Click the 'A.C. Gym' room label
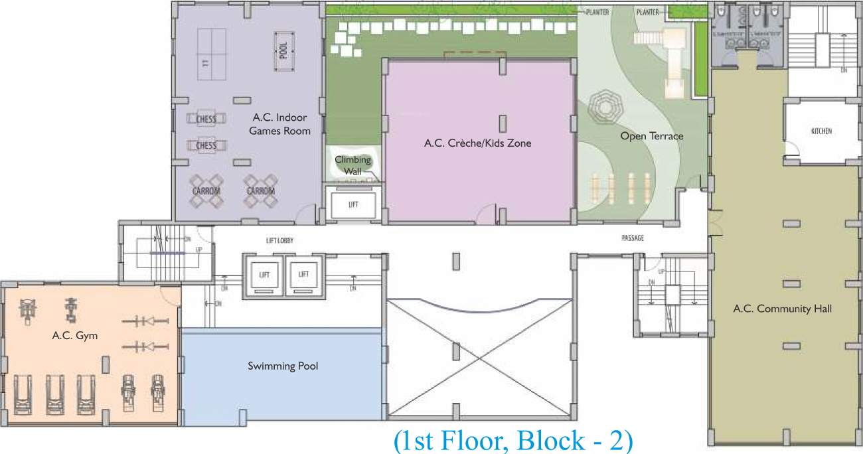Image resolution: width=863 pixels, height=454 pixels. [74, 336]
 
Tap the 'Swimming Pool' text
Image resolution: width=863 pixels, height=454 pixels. [283, 366]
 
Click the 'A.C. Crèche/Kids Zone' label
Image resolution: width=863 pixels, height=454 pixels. [477, 143]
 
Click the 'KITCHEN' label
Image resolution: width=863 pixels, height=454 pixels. [821, 131]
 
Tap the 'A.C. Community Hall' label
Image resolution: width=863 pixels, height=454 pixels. [782, 309]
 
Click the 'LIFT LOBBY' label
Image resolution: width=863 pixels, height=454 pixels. [279, 240]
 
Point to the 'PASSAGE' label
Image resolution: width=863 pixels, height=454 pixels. [632, 238]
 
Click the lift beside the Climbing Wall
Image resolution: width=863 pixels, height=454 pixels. [353, 204]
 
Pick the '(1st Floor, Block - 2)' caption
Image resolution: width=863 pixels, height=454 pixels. [512, 441]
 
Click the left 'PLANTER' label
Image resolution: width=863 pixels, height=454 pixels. [597, 12]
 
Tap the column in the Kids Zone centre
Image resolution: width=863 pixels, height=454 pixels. [503, 123]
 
